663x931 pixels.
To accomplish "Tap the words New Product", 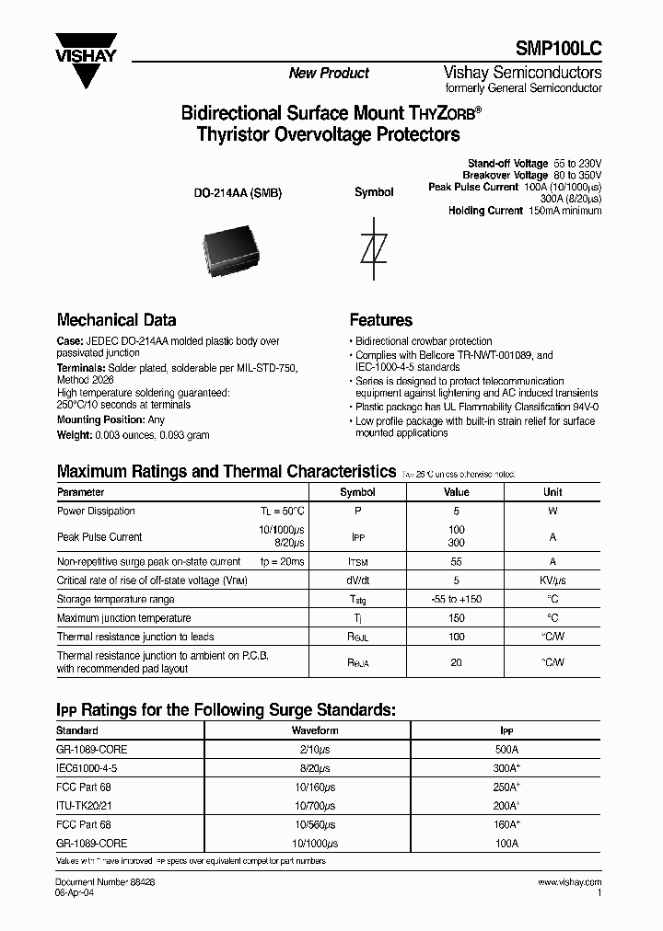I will (329, 74).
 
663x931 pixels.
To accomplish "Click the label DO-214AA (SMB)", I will (237, 193).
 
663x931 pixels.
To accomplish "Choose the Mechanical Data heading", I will (117, 320).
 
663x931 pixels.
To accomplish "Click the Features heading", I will (381, 320).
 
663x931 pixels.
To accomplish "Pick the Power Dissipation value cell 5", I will (457, 511).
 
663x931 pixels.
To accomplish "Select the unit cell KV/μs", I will (552, 580).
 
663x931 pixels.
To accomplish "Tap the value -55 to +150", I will (457, 600).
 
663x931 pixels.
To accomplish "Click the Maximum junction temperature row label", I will (124, 618).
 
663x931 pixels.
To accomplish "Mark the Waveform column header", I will (315, 730).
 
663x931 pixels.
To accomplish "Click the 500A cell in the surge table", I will (506, 749).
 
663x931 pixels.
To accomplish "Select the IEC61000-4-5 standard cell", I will (87, 767).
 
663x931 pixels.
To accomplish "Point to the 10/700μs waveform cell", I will (315, 806).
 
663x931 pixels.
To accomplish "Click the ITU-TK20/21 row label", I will (84, 806).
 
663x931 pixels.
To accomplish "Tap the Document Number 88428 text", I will (106, 881).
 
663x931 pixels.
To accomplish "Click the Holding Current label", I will (485, 211).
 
